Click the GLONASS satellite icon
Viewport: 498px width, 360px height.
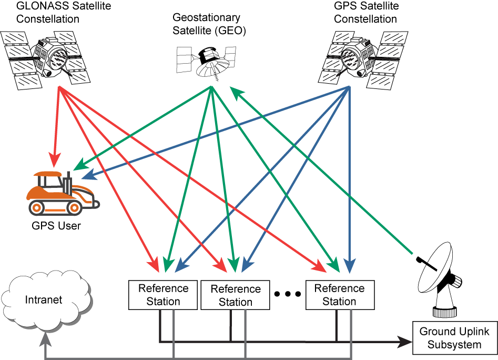pos(46,57)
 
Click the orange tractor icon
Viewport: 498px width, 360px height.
pos(62,193)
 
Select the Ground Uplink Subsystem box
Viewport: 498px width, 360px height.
pos(454,338)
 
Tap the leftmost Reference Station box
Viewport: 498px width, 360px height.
pos(163,295)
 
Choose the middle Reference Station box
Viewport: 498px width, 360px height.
pos(235,295)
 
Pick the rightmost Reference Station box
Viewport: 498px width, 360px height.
pos(339,295)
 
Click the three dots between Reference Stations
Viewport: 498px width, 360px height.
pos(288,294)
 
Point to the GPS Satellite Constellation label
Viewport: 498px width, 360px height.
pos(366,13)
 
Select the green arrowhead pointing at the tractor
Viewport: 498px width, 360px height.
pos(79,166)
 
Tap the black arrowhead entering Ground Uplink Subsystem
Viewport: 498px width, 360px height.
pos(406,342)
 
